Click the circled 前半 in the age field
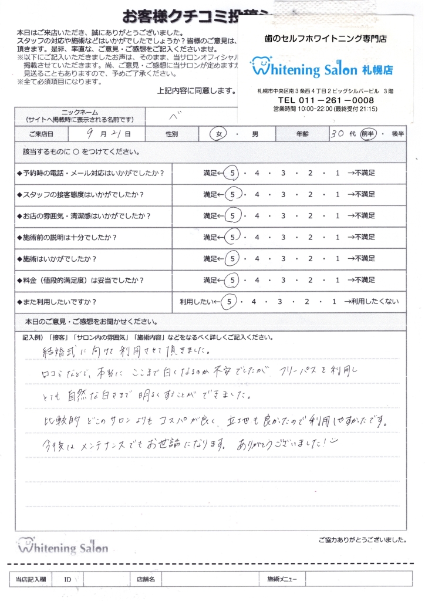(x=368, y=134)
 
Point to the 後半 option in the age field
(x=397, y=134)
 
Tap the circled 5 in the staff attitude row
(x=232, y=194)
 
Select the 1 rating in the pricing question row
(x=338, y=280)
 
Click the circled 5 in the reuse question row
(x=231, y=302)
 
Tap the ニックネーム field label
(x=80, y=112)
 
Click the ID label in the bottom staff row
(x=68, y=579)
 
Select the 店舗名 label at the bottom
(x=145, y=579)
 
